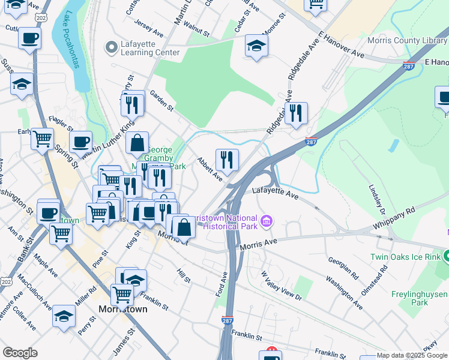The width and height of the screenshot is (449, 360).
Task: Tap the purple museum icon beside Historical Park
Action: click(x=267, y=222)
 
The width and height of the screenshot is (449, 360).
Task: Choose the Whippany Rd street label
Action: click(x=394, y=217)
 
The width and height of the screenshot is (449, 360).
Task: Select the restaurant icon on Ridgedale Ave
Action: click(x=295, y=113)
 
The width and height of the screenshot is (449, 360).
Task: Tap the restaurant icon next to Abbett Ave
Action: click(x=226, y=160)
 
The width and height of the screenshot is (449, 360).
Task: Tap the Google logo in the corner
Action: click(x=20, y=353)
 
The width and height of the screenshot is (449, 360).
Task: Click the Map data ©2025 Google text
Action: click(x=412, y=355)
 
